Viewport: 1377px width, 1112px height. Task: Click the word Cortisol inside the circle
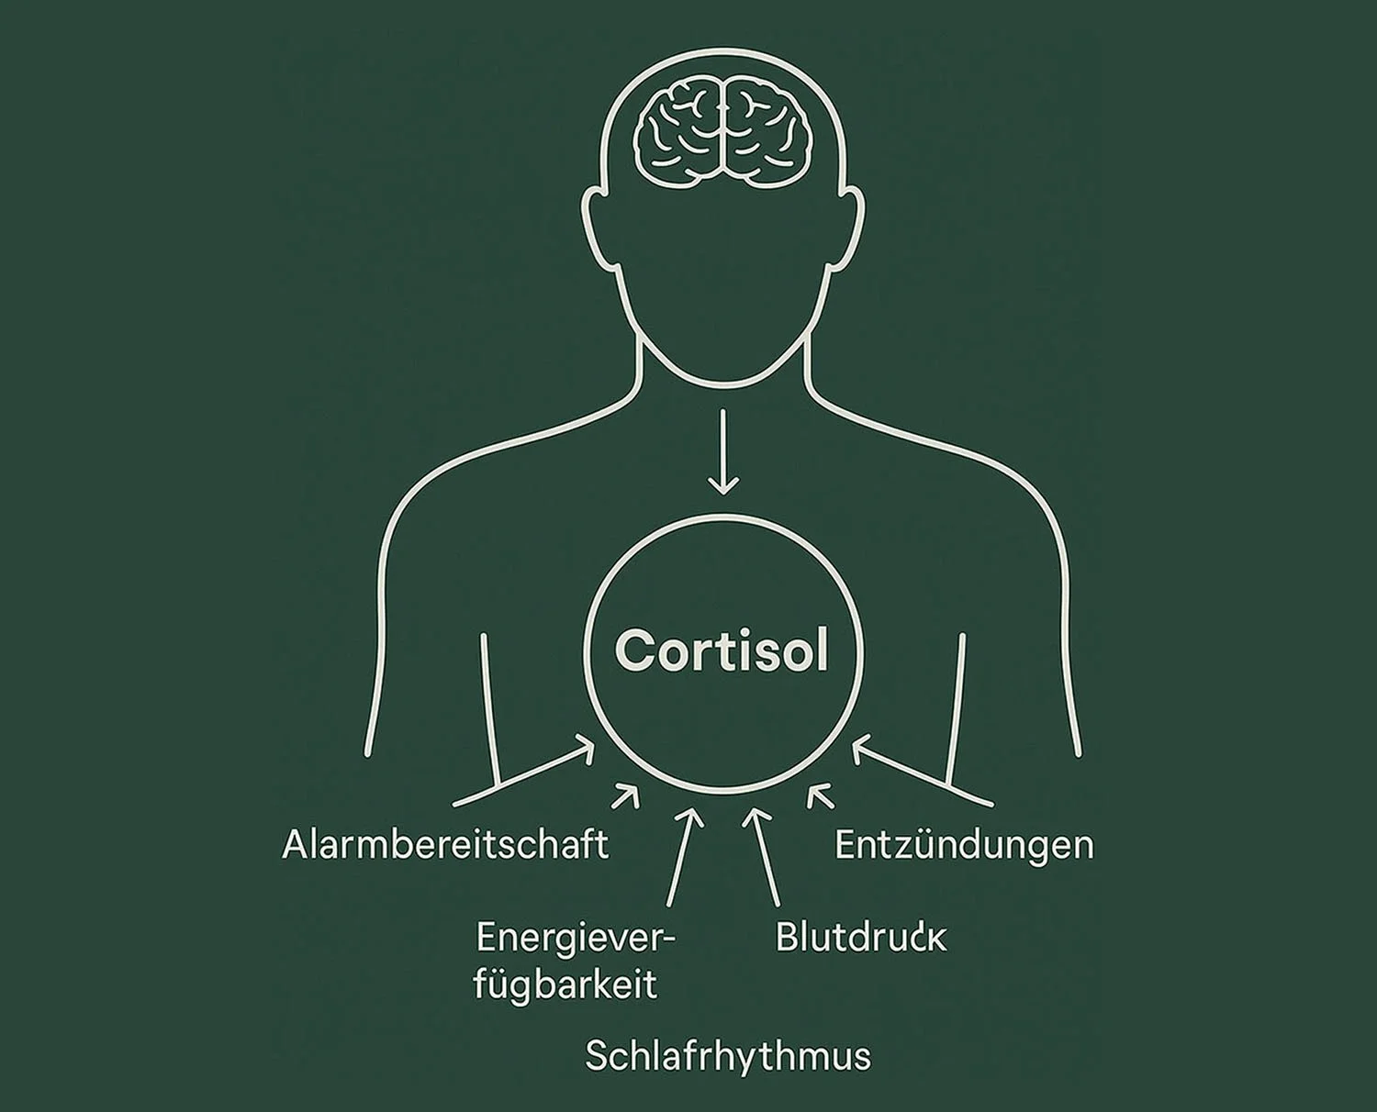click(x=722, y=651)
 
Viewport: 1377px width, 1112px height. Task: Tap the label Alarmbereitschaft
click(x=445, y=845)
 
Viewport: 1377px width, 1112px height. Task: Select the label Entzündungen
click(x=964, y=845)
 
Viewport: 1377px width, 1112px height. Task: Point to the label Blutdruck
click(x=860, y=938)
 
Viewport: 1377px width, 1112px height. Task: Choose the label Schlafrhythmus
click(x=727, y=1056)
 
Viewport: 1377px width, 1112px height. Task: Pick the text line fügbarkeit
click(x=565, y=985)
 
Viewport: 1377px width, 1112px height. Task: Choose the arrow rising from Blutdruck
click(x=764, y=857)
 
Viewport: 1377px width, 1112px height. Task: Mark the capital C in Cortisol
click(x=635, y=651)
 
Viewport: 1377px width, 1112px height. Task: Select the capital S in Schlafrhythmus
click(x=598, y=1056)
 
